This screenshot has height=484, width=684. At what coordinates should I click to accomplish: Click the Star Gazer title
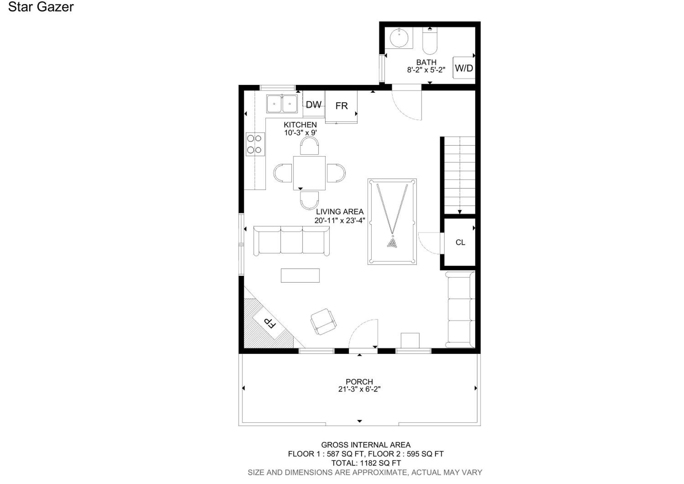click(41, 7)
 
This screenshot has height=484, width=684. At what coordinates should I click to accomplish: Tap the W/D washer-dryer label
click(464, 68)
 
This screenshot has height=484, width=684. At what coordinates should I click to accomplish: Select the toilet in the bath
click(430, 41)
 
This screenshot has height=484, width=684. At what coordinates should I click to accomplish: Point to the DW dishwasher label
click(313, 105)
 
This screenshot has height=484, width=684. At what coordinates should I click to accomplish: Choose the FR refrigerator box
click(341, 107)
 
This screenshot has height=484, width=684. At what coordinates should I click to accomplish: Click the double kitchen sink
click(282, 104)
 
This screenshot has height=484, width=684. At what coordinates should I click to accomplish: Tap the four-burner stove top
click(255, 144)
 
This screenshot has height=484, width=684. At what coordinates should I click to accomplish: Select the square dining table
click(309, 173)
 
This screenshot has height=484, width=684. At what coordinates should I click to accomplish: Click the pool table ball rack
click(392, 243)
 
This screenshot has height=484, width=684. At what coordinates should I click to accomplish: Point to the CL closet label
click(460, 242)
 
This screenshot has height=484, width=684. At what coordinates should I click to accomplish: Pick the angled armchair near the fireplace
click(323, 322)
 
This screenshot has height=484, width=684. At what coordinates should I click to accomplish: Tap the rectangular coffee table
click(300, 275)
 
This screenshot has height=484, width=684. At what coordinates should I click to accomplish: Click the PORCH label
click(359, 382)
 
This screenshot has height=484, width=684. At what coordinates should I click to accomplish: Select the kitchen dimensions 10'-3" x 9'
click(300, 133)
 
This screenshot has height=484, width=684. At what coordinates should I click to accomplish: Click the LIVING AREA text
click(340, 212)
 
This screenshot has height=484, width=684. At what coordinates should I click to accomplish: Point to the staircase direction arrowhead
click(460, 212)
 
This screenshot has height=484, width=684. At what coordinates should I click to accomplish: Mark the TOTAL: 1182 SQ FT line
click(366, 463)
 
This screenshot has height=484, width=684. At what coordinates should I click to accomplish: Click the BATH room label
click(426, 62)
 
